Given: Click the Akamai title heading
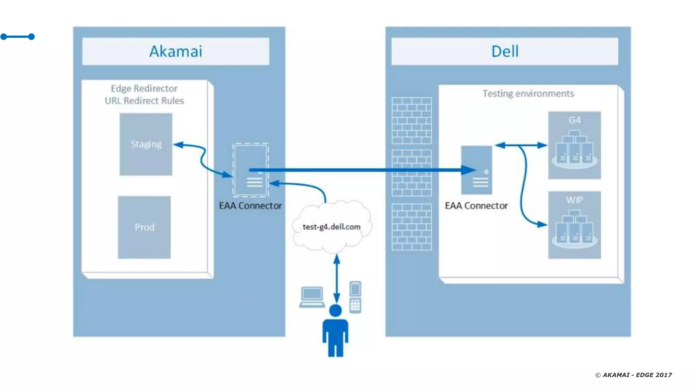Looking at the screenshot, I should [x=176, y=52].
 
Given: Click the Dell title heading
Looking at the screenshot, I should [x=505, y=52].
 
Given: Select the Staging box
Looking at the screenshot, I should [x=146, y=144].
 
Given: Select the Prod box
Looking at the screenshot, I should [x=144, y=227].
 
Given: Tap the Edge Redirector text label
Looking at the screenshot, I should [x=144, y=89].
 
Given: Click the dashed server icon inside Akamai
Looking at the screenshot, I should [x=250, y=170].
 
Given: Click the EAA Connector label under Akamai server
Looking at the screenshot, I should [x=250, y=206].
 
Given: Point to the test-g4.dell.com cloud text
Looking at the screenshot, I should [x=332, y=227].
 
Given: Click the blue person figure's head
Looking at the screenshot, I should [x=335, y=311].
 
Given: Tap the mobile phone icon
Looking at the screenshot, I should [x=355, y=297].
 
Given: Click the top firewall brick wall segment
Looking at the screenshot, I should [x=412, y=121].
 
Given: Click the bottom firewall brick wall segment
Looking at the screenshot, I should [x=412, y=227].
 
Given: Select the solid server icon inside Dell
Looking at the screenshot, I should [x=476, y=170].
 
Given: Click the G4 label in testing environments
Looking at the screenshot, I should [x=575, y=120].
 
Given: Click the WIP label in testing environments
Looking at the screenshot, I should [x=575, y=200].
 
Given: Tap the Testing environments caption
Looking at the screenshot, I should [x=528, y=94].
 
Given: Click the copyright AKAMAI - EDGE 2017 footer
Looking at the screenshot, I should [x=634, y=375].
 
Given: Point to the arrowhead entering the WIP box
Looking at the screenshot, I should [x=543, y=224].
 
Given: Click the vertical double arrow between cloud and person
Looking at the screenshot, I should [x=337, y=278].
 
